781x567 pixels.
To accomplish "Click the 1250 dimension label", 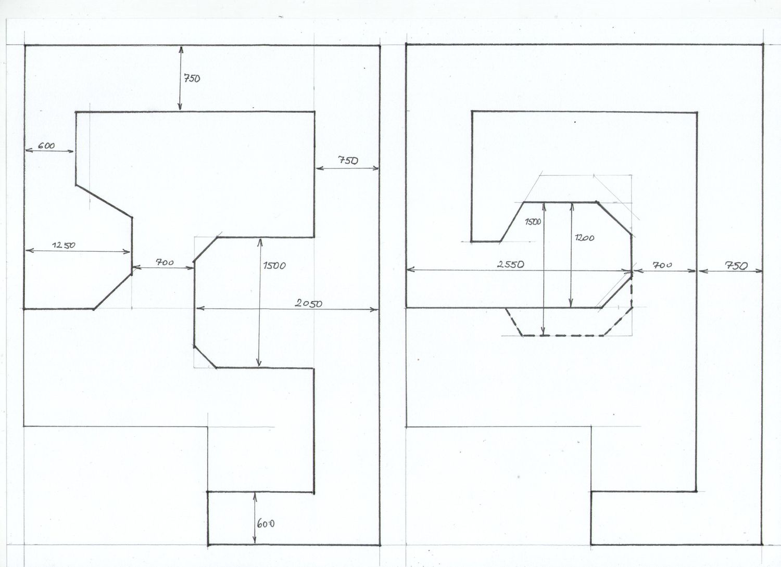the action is [x=64, y=245].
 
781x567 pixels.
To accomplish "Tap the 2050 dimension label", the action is [x=309, y=303].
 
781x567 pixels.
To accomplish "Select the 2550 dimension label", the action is [x=510, y=264].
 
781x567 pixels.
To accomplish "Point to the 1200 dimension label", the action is [x=585, y=238].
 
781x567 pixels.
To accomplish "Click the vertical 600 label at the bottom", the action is [x=266, y=523].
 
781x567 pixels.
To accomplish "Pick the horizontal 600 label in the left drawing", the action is [x=46, y=146].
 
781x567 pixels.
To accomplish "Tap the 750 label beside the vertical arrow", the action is [x=192, y=79].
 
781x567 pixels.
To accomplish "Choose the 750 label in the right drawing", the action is [x=737, y=266].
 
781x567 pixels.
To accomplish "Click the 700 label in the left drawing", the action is [x=165, y=262].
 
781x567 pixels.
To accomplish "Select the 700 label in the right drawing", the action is [x=662, y=265].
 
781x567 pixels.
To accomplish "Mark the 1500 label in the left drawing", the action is [x=274, y=266].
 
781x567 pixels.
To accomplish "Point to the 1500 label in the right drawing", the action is [x=533, y=222].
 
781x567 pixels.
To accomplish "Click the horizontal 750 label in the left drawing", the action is [x=348, y=161].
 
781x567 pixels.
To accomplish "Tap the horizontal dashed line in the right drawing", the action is [x=563, y=336].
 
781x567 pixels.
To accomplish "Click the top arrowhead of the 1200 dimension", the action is [x=572, y=205].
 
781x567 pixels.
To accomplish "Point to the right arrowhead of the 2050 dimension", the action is [x=374, y=310].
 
